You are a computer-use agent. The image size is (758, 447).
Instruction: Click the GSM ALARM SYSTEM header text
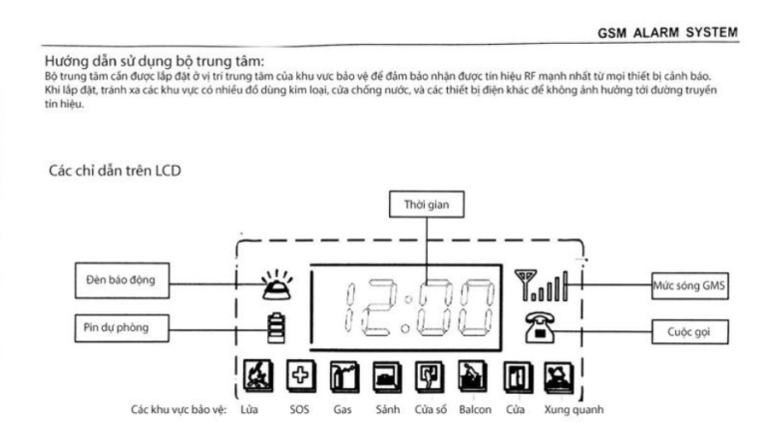666,32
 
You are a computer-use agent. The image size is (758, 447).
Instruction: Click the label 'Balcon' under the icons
473,409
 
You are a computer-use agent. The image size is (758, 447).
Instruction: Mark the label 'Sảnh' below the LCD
384,409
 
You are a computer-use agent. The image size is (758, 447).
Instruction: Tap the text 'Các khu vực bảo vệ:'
178,409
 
